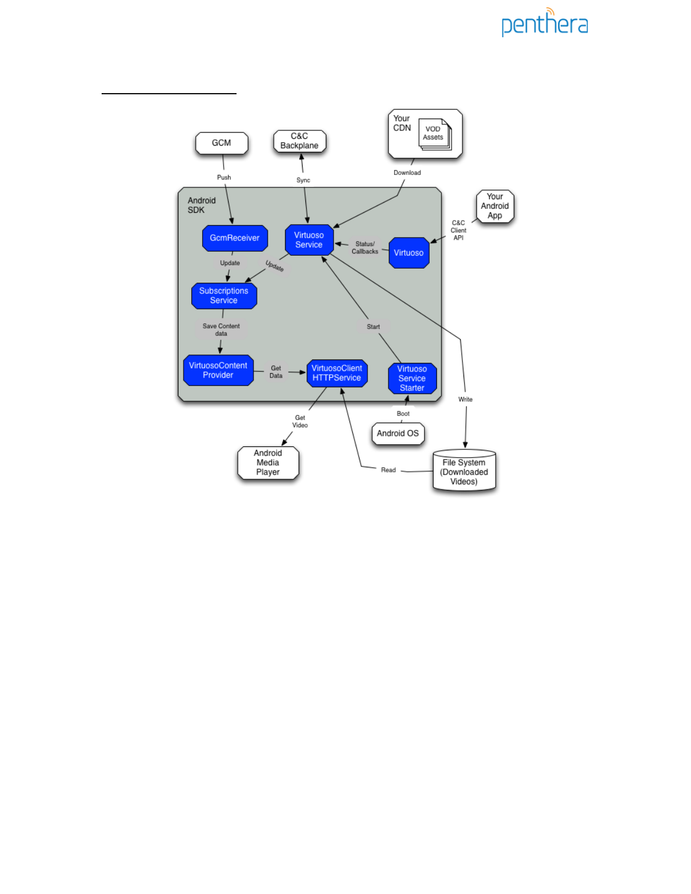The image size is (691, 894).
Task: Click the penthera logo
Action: click(544, 23)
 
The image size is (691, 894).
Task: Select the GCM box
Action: click(221, 143)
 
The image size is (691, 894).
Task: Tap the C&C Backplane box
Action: click(299, 141)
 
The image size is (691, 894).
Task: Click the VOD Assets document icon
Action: click(434, 134)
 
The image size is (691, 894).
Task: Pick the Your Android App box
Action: click(495, 207)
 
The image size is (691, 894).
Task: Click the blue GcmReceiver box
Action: click(235, 238)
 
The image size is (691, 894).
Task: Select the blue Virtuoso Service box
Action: click(309, 240)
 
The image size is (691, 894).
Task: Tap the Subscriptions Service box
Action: click(224, 296)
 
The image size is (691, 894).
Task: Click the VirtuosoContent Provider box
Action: click(218, 370)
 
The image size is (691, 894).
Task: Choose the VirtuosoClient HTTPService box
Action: click(336, 373)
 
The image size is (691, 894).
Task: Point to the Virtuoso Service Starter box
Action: click(412, 378)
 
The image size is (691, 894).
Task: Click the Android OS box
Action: click(398, 433)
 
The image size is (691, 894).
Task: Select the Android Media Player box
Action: click(268, 463)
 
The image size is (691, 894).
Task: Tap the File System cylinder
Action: click(464, 472)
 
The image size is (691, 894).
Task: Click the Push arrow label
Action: click(224, 177)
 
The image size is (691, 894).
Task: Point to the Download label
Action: click(407, 173)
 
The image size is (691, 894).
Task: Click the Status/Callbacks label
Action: click(365, 248)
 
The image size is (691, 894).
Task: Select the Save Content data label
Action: click(221, 330)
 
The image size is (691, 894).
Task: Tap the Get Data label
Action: click(275, 372)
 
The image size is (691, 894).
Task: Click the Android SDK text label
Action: click(202, 205)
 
